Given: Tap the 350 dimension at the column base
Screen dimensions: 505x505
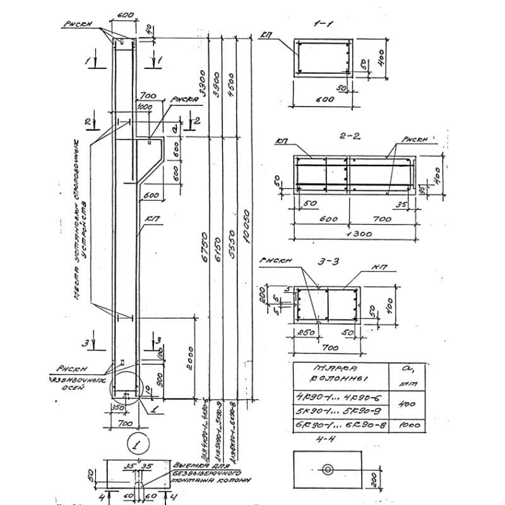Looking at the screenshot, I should coord(117,409).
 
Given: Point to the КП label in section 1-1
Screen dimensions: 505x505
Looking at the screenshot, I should coord(268,35).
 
